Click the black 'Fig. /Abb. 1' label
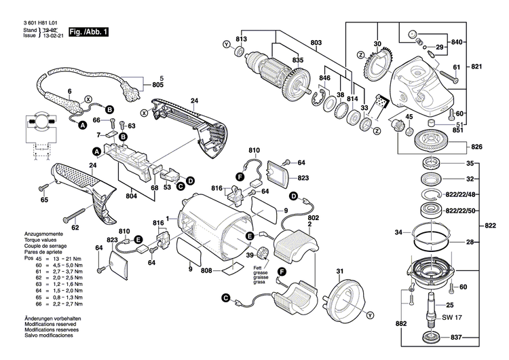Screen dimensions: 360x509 pyautogui.click(x=88, y=32)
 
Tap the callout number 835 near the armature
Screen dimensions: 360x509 pyautogui.click(x=297, y=60)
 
